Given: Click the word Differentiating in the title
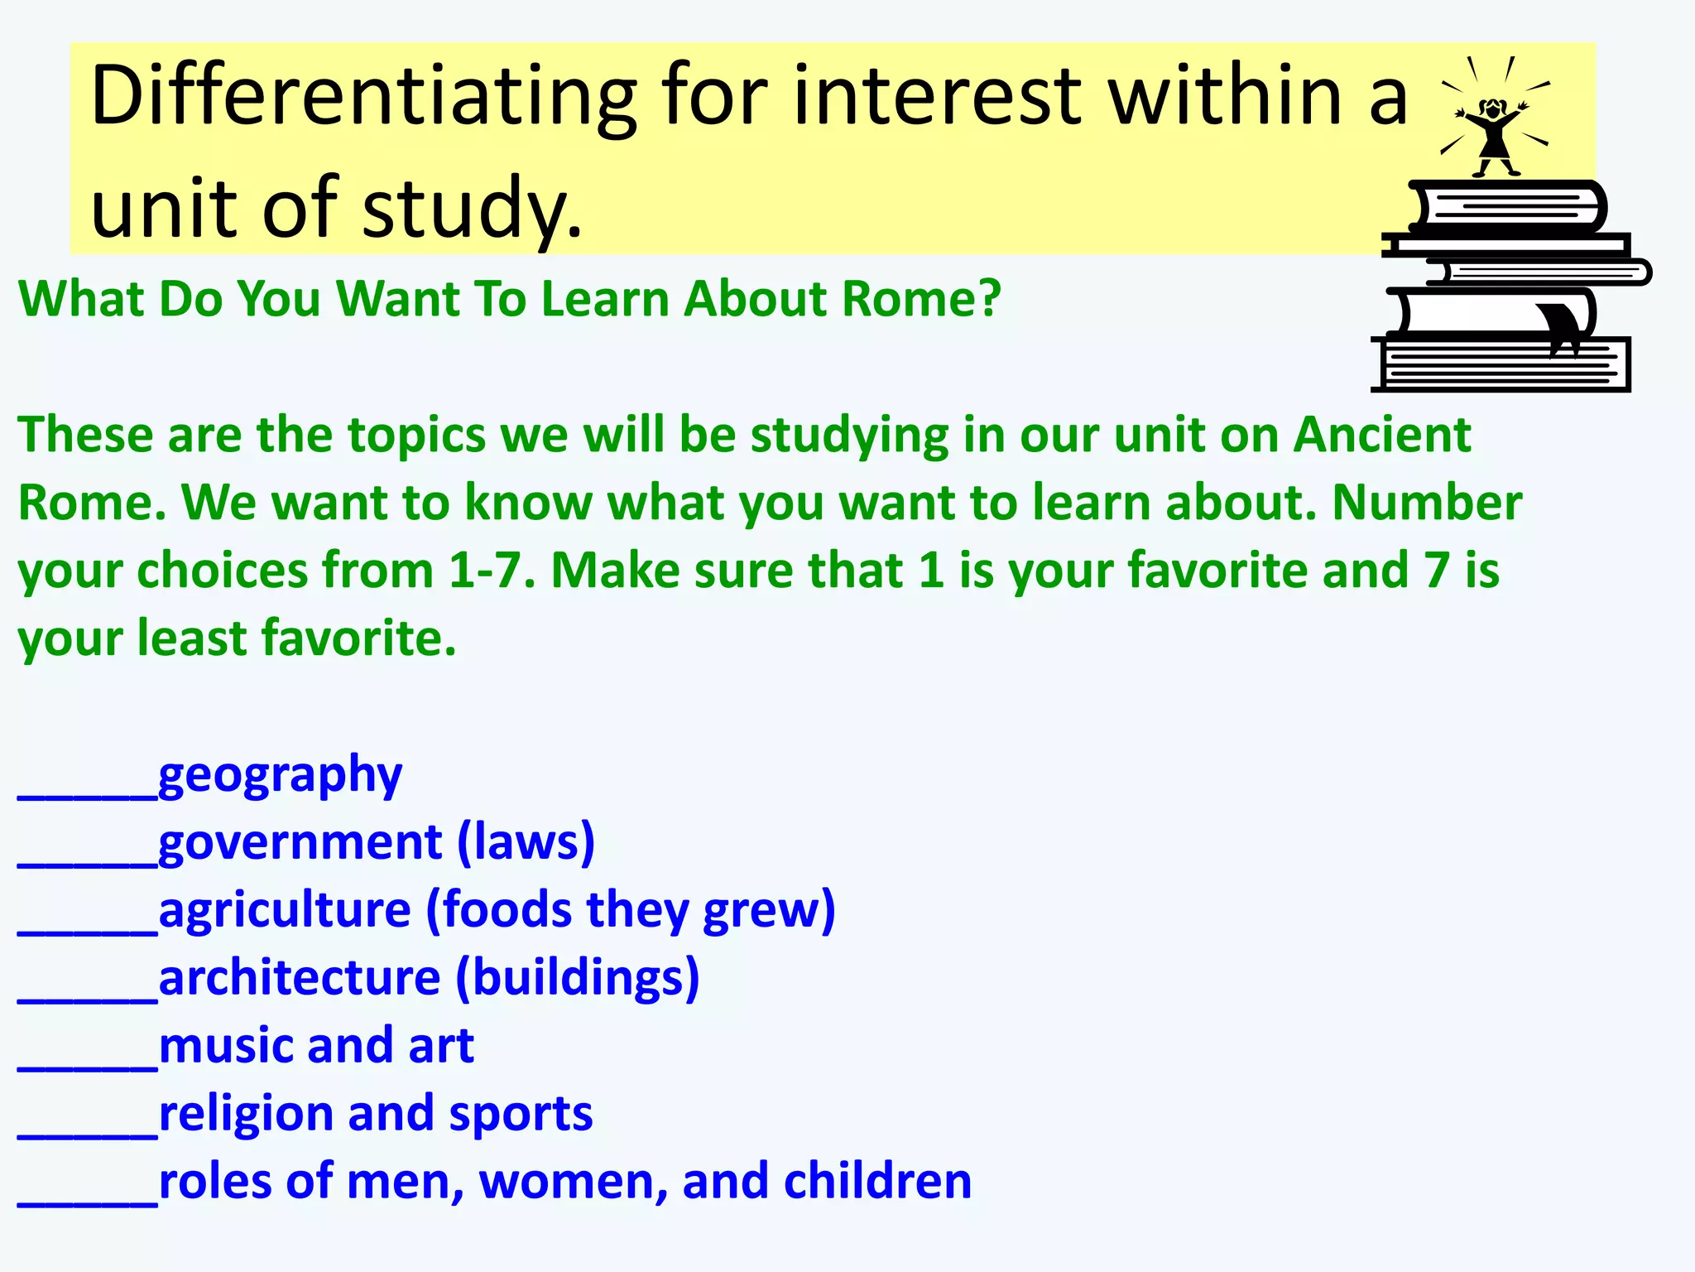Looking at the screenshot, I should [364, 98].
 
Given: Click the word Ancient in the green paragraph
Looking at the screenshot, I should [1382, 435].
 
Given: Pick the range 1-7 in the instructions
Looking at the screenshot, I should [484, 571].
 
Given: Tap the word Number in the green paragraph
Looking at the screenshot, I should [1427, 503].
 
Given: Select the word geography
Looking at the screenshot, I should [280, 777].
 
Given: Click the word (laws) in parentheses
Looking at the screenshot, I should [526, 843].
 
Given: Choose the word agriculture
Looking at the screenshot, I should [285, 911].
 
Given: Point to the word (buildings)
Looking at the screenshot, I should [578, 979].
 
